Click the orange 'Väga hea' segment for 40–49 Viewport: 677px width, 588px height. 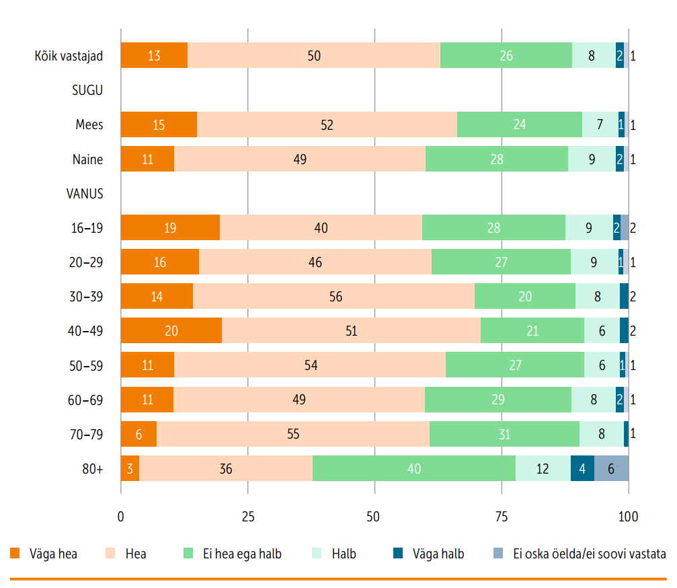click(x=171, y=331)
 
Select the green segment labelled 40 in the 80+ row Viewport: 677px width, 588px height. click(x=414, y=468)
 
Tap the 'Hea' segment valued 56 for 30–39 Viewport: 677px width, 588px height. click(x=333, y=297)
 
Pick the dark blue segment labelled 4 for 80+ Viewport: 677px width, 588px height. click(x=582, y=468)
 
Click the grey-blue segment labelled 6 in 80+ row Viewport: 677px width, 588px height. click(x=611, y=468)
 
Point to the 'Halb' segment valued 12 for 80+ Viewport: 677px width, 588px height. click(x=543, y=468)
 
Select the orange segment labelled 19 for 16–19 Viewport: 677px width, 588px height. click(x=170, y=228)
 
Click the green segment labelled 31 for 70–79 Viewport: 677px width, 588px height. click(x=504, y=434)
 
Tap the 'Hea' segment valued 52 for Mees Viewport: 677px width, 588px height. click(x=327, y=125)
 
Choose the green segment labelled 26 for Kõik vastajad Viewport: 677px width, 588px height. click(x=506, y=56)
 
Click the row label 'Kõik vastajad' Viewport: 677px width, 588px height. click(x=69, y=56)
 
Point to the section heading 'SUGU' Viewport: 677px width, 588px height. click(x=87, y=90)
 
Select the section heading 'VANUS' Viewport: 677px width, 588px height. click(x=85, y=194)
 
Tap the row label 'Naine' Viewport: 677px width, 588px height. click(x=87, y=159)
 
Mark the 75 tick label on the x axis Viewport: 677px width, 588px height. click(x=502, y=517)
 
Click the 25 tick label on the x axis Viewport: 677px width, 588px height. click(x=248, y=517)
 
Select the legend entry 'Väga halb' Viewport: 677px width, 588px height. click(x=428, y=554)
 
